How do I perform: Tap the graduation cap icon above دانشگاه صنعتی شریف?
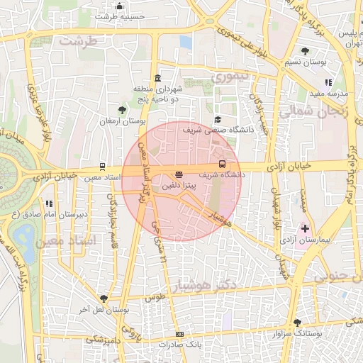pyautogui.click(x=218, y=120)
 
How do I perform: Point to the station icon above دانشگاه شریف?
pyautogui.click(x=223, y=164)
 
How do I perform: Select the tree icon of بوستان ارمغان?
pyautogui.click(x=123, y=110)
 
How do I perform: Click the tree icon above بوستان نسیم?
pyautogui.click(x=305, y=51)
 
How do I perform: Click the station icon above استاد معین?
pyautogui.click(x=104, y=167)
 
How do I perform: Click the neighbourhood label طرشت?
pyautogui.click(x=77, y=41)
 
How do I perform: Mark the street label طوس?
pyautogui.click(x=157, y=297)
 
